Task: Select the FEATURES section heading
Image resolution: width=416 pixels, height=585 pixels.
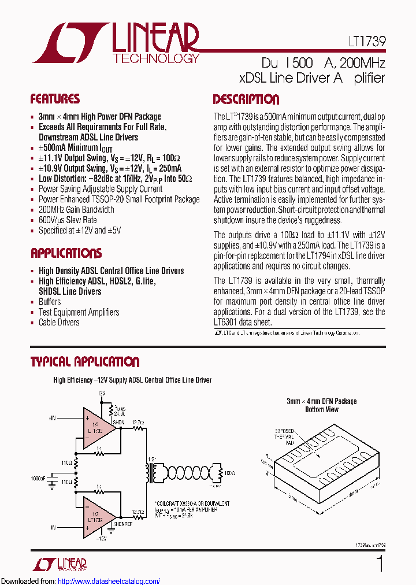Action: click(55, 99)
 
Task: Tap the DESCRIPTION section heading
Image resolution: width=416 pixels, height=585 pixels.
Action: click(246, 99)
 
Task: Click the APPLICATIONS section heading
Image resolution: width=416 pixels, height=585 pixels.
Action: click(66, 253)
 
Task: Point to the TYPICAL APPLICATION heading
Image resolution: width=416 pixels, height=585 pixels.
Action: click(84, 362)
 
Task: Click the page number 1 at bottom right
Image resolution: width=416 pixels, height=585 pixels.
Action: click(379, 564)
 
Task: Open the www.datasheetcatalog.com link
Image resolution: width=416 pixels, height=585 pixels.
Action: click(109, 581)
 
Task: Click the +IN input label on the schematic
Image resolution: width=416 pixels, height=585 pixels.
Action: click(53, 417)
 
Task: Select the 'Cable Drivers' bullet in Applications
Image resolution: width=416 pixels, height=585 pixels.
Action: click(59, 323)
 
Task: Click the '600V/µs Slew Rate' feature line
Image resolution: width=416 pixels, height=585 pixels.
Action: click(68, 220)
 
